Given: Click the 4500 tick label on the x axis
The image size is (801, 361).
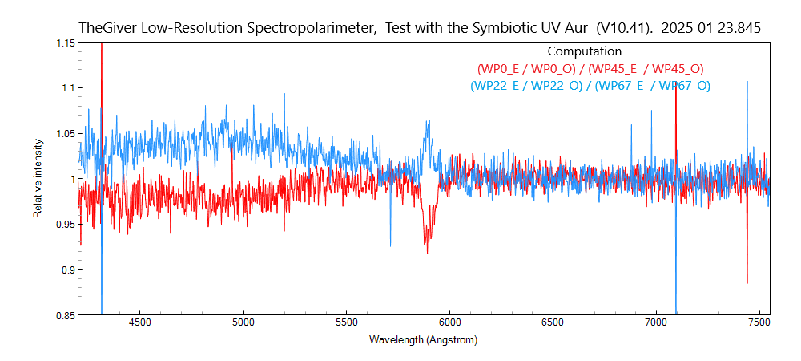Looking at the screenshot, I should coord(139,323).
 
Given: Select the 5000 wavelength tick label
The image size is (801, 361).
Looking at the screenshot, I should coord(243,323).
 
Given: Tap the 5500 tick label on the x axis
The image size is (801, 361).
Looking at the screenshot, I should coord(346,323).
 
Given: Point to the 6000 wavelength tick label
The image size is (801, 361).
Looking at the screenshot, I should coord(449,323).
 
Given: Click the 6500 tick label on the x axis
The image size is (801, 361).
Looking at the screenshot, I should coord(553,323).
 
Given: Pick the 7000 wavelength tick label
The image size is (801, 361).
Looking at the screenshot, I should coord(656,323).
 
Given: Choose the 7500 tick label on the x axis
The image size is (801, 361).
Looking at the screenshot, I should coord(759,323).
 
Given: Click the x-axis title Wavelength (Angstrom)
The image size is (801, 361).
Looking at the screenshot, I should coord(423,340).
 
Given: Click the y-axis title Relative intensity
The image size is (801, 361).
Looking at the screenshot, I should coord(38,178).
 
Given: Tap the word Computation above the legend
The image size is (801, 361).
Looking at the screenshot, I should coord(585,51).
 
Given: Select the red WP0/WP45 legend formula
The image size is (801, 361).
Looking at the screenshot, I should coord(590,69).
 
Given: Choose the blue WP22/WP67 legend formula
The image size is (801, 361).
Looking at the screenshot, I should coord(590,86).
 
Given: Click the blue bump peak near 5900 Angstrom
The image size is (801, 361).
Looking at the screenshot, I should coord(429,121).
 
